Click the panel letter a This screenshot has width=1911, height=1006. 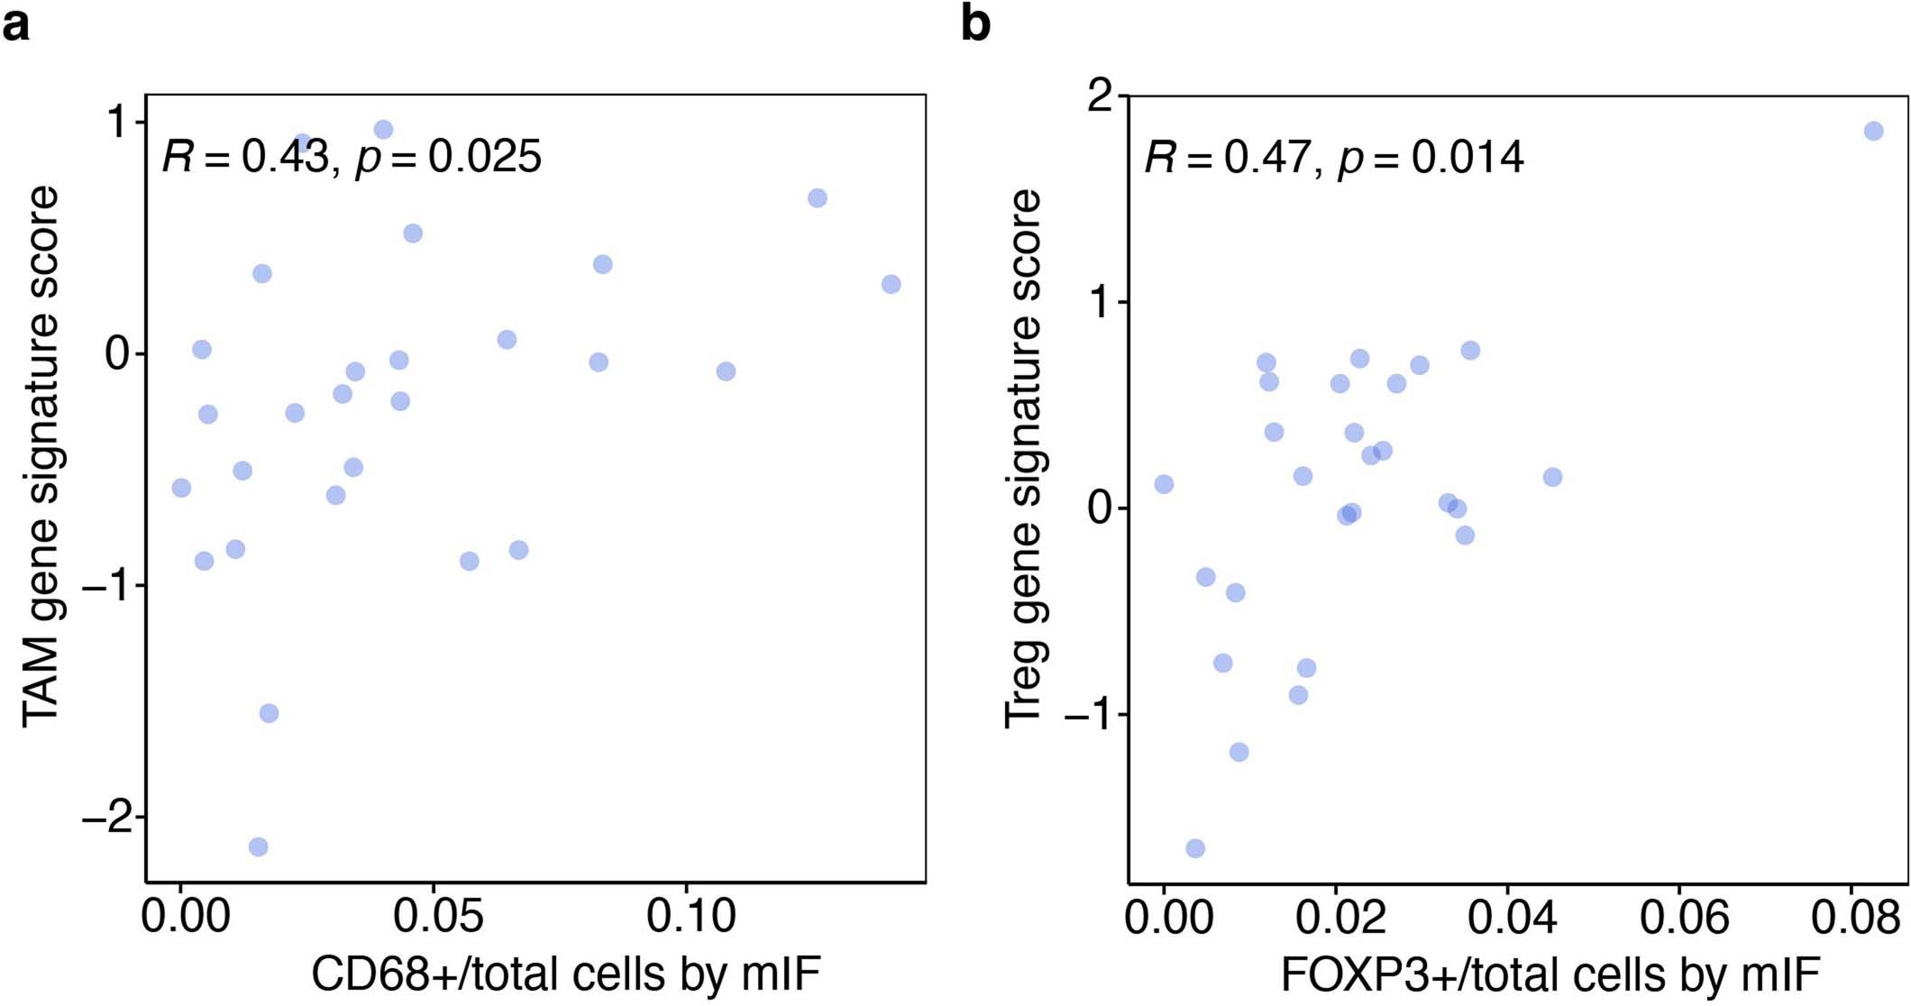[15, 24]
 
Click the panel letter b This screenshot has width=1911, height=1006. [975, 23]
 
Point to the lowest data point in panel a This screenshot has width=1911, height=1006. [258, 846]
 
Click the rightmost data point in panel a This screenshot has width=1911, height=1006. [891, 284]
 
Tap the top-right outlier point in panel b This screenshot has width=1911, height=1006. [1873, 131]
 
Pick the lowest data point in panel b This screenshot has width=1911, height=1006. [1195, 848]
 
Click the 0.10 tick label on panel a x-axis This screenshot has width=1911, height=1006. [691, 917]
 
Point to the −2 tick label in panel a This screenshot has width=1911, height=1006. [106, 818]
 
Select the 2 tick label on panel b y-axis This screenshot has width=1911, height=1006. [1101, 96]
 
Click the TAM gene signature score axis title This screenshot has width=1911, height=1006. [41, 456]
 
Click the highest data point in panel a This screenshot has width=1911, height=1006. [383, 130]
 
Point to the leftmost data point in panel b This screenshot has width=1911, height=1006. [1164, 484]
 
